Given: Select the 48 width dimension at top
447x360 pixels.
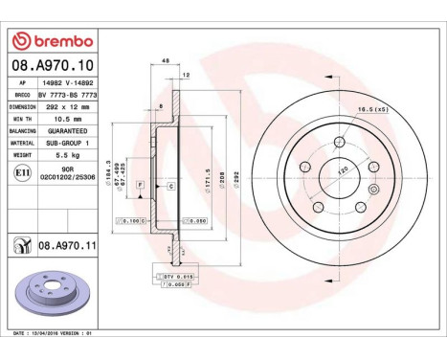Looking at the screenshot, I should pyautogui.click(x=165, y=61).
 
